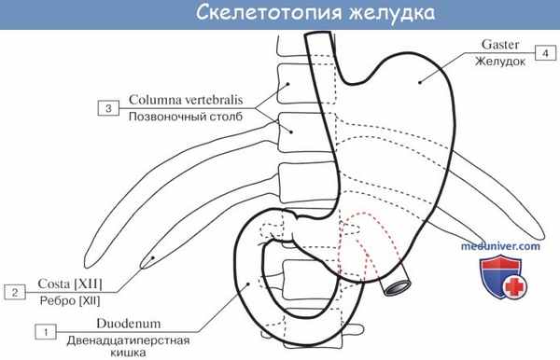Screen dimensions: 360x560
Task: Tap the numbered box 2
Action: tap(14, 292)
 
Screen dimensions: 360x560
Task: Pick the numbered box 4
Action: tap(543, 52)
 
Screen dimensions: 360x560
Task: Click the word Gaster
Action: tap(501, 44)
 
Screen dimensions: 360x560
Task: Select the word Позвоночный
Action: tap(165, 118)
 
